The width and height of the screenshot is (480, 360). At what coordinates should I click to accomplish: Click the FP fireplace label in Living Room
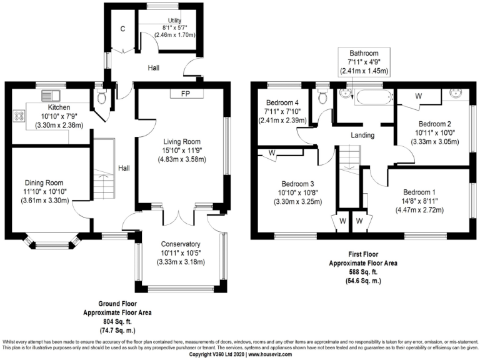click(185, 94)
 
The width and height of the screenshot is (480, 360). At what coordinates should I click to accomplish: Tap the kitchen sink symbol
click(49, 96)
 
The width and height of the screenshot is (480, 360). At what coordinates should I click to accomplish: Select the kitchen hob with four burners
click(19, 116)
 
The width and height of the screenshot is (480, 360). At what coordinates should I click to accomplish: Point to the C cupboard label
click(122, 29)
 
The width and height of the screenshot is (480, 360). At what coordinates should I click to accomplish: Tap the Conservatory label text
click(180, 244)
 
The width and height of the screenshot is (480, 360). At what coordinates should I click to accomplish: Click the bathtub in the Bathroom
click(372, 96)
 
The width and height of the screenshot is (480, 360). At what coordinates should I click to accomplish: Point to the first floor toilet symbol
click(322, 96)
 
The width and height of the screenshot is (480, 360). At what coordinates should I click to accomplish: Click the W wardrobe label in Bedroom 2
click(419, 96)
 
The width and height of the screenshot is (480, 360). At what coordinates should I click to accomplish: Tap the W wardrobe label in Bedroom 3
click(272, 152)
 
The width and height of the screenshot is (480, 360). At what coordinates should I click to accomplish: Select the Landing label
click(362, 135)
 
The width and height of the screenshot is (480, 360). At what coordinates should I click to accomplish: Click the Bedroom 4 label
click(282, 102)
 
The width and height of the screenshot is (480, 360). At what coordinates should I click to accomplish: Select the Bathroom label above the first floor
click(366, 53)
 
